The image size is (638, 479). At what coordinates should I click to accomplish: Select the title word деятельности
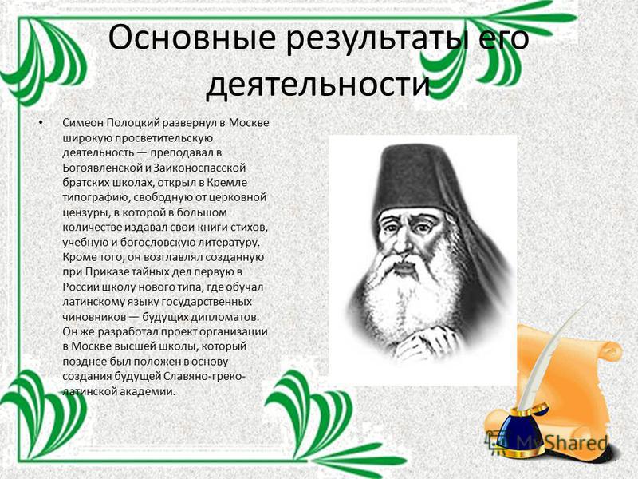[317, 85]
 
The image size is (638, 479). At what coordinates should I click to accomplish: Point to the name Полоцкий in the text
[135, 123]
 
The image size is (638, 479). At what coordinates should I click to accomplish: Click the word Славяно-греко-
[205, 376]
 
